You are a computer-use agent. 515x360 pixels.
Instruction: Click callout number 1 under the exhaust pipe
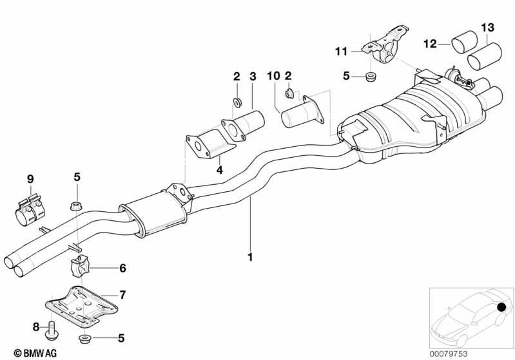click(x=250, y=257)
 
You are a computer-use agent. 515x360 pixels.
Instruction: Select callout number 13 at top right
click(x=488, y=28)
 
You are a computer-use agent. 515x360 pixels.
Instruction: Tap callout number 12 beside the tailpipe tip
click(x=430, y=44)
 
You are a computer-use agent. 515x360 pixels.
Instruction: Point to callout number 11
click(x=341, y=52)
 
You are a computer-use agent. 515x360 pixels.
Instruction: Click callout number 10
click(x=273, y=76)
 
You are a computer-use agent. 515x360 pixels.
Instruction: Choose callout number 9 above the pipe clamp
click(x=30, y=179)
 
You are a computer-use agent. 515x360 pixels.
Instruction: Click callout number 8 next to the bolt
click(x=36, y=327)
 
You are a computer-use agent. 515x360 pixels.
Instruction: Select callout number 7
click(x=122, y=295)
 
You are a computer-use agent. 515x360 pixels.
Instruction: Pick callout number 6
click(x=122, y=268)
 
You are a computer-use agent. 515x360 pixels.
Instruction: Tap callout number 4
click(x=219, y=169)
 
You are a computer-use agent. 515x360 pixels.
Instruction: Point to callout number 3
click(x=253, y=77)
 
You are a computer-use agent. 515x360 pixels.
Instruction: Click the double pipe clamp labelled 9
click(x=30, y=210)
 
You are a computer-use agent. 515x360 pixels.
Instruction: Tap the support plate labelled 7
click(x=81, y=306)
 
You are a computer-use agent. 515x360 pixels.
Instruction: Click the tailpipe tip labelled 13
click(x=485, y=56)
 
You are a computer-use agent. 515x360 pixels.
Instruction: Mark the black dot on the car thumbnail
click(x=501, y=307)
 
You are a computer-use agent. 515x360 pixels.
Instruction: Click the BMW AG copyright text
click(x=35, y=353)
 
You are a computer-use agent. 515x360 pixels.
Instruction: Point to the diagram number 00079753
click(x=449, y=354)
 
